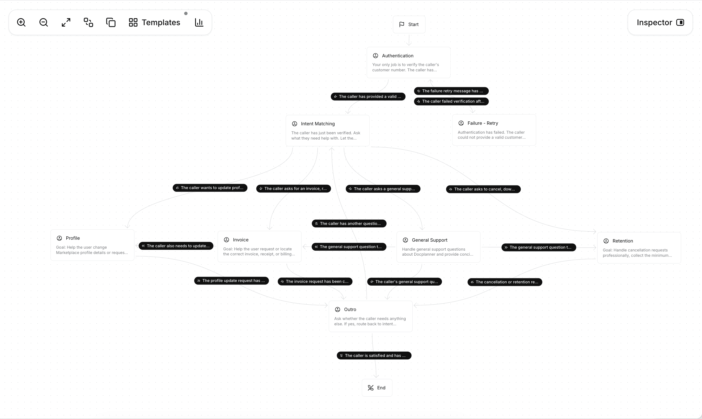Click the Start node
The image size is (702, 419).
click(409, 25)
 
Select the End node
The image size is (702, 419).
click(377, 388)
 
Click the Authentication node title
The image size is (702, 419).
click(397, 56)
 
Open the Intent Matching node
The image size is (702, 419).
click(327, 130)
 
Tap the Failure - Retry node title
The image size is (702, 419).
click(483, 123)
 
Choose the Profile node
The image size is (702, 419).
click(92, 245)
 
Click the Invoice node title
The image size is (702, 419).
click(240, 240)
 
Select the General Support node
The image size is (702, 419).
click(438, 247)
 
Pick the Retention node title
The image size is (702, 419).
click(623, 241)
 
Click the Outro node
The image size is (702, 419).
click(370, 316)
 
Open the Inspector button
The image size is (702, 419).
click(660, 23)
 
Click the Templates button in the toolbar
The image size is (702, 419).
click(155, 23)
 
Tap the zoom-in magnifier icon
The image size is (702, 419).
click(21, 23)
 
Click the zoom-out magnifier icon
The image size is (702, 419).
click(43, 23)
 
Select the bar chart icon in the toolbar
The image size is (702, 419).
click(199, 23)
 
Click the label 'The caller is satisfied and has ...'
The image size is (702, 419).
click(374, 356)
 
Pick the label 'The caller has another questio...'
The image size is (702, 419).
click(349, 223)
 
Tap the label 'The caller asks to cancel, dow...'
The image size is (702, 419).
click(483, 189)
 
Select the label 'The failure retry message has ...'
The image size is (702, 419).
click(451, 91)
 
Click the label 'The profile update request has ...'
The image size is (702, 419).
click(231, 281)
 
